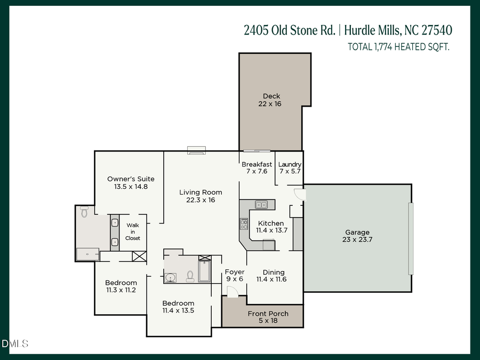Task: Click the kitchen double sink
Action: click(261, 204)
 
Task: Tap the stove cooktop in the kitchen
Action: click(244, 224)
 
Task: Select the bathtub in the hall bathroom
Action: click(205, 270)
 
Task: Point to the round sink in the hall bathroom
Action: click(171, 277)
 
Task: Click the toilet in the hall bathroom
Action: click(190, 276)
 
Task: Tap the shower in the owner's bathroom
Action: click(88, 254)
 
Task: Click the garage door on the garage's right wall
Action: click(410, 238)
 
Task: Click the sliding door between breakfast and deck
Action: click(257, 151)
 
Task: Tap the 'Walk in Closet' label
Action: click(133, 231)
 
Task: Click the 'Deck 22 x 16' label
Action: click(271, 100)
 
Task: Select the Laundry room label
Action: click(290, 164)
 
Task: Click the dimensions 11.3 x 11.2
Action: click(121, 290)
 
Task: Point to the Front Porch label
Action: click(268, 314)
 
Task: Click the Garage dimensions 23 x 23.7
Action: click(357, 240)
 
